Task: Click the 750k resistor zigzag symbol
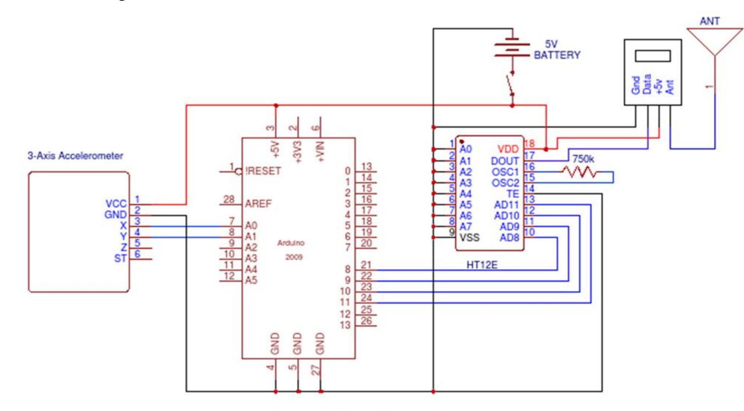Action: (x=580, y=172)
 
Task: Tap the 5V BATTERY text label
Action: (x=557, y=50)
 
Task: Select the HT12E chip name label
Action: (x=482, y=265)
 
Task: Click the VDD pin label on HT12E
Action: (x=507, y=149)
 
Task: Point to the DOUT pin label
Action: (x=505, y=161)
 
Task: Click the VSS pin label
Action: (x=469, y=238)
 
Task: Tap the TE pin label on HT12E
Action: (x=513, y=194)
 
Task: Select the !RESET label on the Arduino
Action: (x=263, y=171)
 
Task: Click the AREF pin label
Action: (x=258, y=204)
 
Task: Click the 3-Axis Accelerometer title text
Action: (x=75, y=156)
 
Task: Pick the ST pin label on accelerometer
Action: (x=120, y=258)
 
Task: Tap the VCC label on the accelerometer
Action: (x=116, y=204)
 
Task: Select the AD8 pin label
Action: (x=509, y=238)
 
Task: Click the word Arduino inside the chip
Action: (x=291, y=243)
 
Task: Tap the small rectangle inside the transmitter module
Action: (x=653, y=56)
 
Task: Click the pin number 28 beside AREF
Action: (x=229, y=200)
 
